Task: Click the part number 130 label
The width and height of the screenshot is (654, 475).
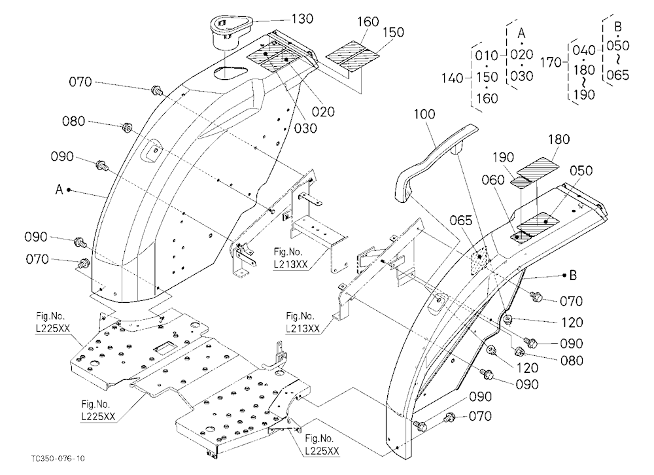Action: coord(302,19)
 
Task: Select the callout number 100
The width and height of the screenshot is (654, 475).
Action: coord(424,114)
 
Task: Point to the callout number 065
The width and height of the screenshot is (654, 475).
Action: coord(461,220)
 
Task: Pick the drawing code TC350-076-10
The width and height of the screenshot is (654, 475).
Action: coord(58,458)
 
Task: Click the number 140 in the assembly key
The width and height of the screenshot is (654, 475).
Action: coord(452,78)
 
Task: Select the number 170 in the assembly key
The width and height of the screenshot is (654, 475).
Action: coord(551,63)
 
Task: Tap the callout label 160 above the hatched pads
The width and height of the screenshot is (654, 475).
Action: coord(368,22)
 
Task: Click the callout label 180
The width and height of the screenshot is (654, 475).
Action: coord(559,139)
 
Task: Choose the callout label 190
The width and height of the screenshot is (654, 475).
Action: coord(503,158)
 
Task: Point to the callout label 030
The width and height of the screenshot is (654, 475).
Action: coord(305,128)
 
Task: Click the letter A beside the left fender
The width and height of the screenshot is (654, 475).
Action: coord(60,190)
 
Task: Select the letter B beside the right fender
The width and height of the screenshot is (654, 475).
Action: coord(573,275)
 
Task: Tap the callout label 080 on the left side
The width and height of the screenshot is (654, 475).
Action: coord(73,122)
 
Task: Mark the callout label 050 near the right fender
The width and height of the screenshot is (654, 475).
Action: coord(581,171)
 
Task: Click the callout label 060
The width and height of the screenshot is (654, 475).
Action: coord(493,180)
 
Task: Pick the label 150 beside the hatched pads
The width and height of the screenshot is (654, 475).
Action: coord(393,32)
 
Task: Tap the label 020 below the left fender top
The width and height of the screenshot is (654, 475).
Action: coord(323,112)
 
